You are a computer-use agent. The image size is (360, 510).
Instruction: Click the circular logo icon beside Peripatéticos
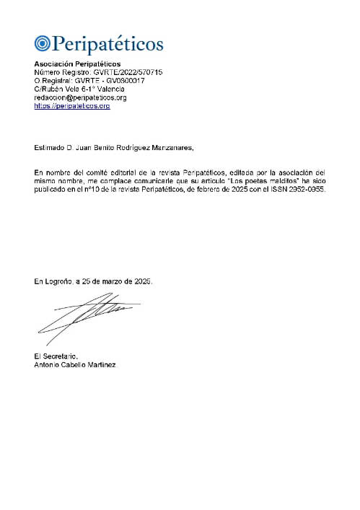pos(42,44)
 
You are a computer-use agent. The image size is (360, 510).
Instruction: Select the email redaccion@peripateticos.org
pos(81,97)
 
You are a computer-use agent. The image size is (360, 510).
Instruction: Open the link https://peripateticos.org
pos(72,105)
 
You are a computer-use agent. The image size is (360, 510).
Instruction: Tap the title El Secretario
pos(56,356)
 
